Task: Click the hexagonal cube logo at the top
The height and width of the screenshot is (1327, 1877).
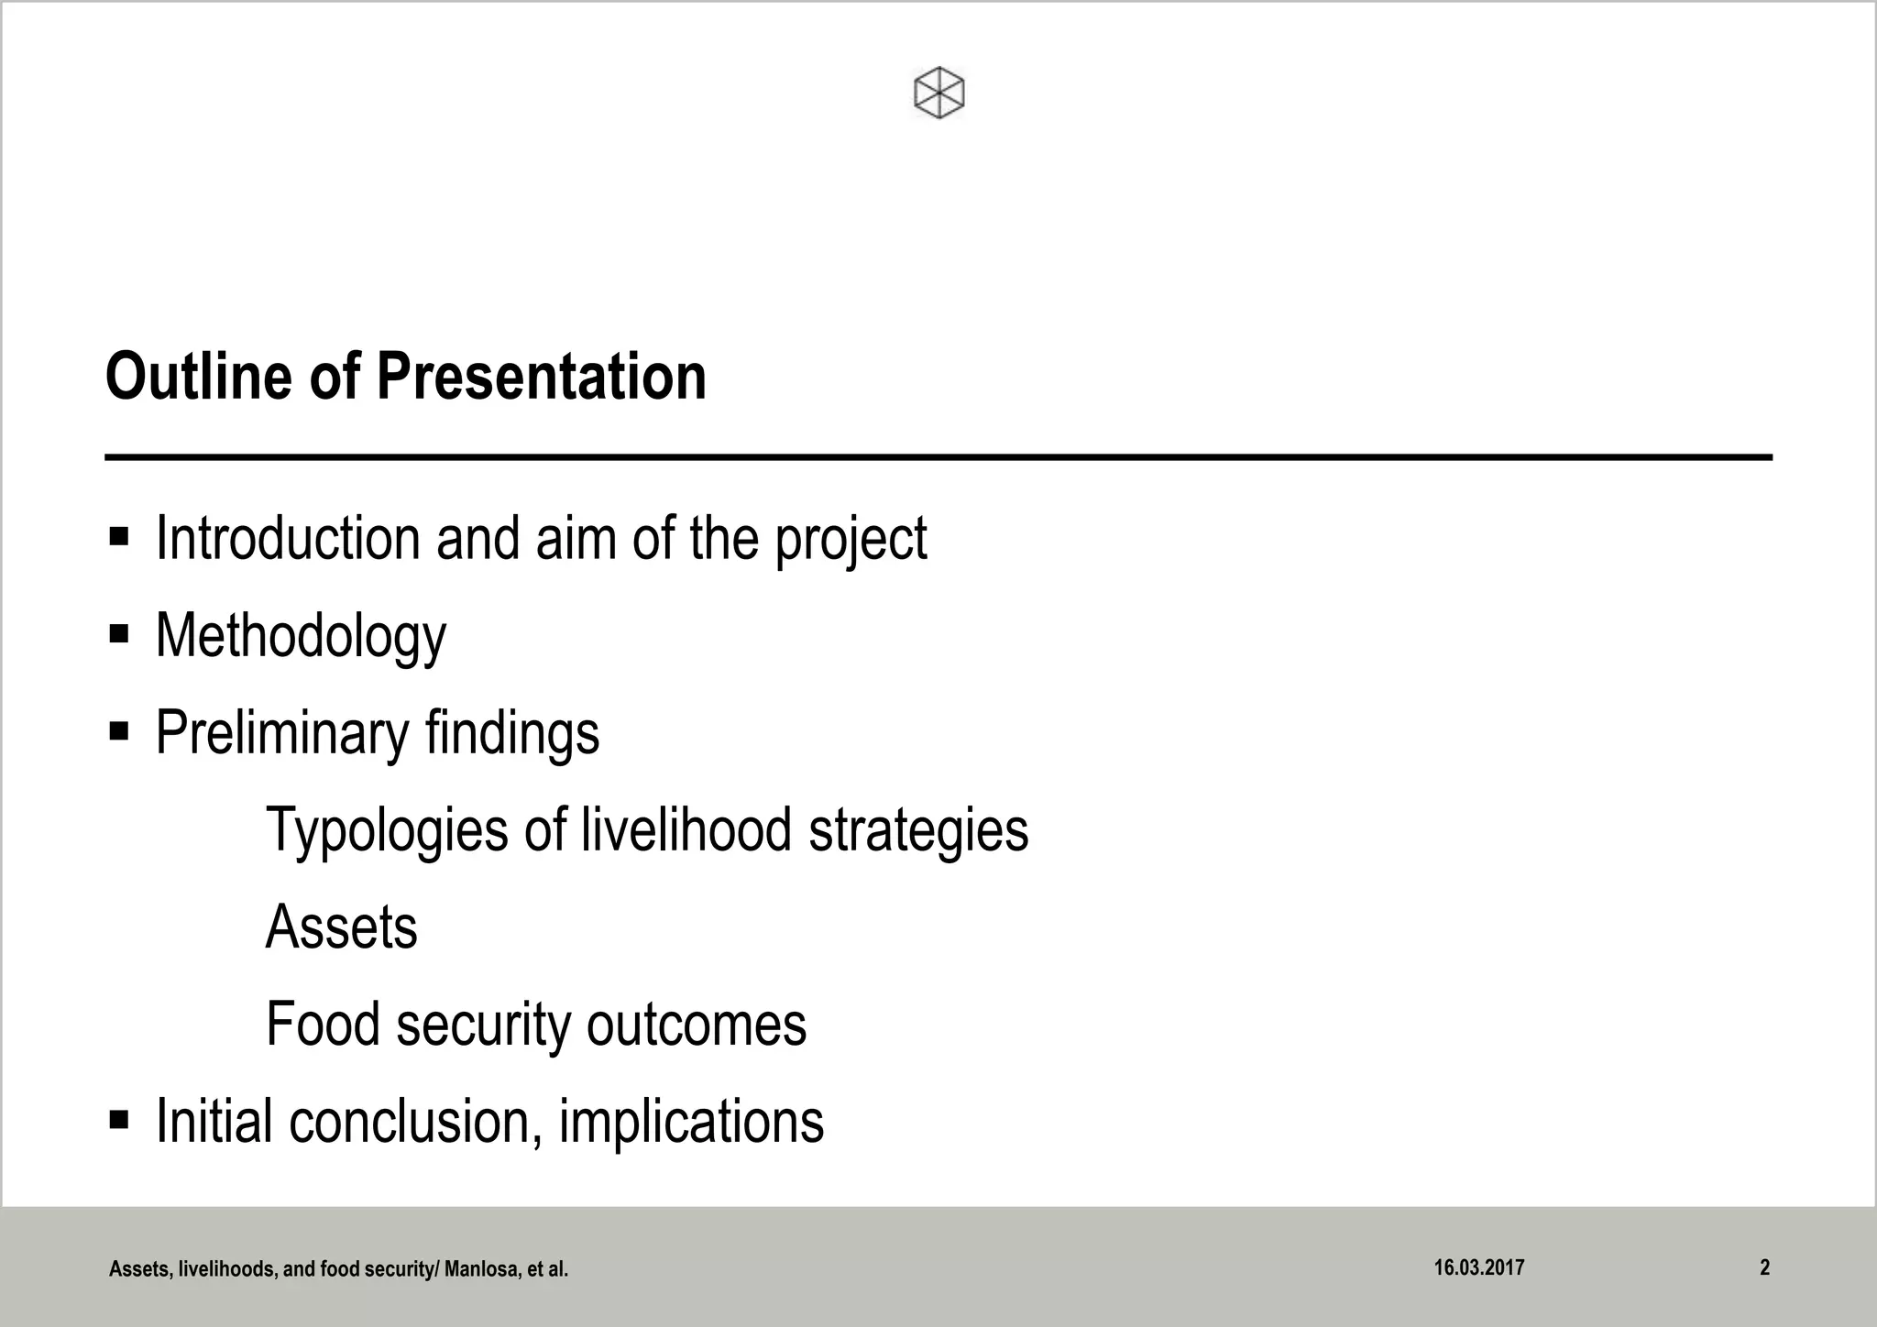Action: (x=939, y=93)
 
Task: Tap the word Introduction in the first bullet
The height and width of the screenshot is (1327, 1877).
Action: (x=288, y=538)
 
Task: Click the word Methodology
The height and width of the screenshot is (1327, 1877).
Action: (x=301, y=636)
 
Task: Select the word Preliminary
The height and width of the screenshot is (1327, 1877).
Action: (x=281, y=733)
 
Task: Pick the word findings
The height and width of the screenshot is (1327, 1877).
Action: (x=511, y=733)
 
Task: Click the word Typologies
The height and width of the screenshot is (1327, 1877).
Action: (x=387, y=830)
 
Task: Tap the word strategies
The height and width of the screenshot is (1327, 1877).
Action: (x=918, y=830)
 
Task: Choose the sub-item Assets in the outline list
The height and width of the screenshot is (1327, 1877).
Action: (x=341, y=927)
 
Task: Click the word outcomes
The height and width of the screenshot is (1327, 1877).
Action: (x=697, y=1025)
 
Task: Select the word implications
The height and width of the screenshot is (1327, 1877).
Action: (x=691, y=1122)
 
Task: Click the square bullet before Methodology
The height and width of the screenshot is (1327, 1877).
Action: (x=119, y=634)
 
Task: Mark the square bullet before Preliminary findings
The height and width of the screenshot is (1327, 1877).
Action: (x=119, y=731)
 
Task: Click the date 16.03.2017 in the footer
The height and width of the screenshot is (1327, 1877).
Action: (x=1479, y=1267)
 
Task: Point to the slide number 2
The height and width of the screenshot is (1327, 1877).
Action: (x=1764, y=1267)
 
